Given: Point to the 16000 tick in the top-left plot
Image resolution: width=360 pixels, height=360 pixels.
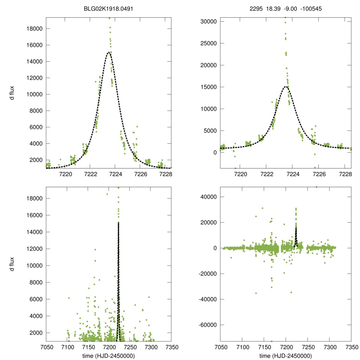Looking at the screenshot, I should [34, 45].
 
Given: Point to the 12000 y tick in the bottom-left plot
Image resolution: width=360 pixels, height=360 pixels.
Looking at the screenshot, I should [34, 249].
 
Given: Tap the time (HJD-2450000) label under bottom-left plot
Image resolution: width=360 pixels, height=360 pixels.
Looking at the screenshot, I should [109, 355].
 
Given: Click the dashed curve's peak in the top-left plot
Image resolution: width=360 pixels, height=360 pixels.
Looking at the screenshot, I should [109, 52].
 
